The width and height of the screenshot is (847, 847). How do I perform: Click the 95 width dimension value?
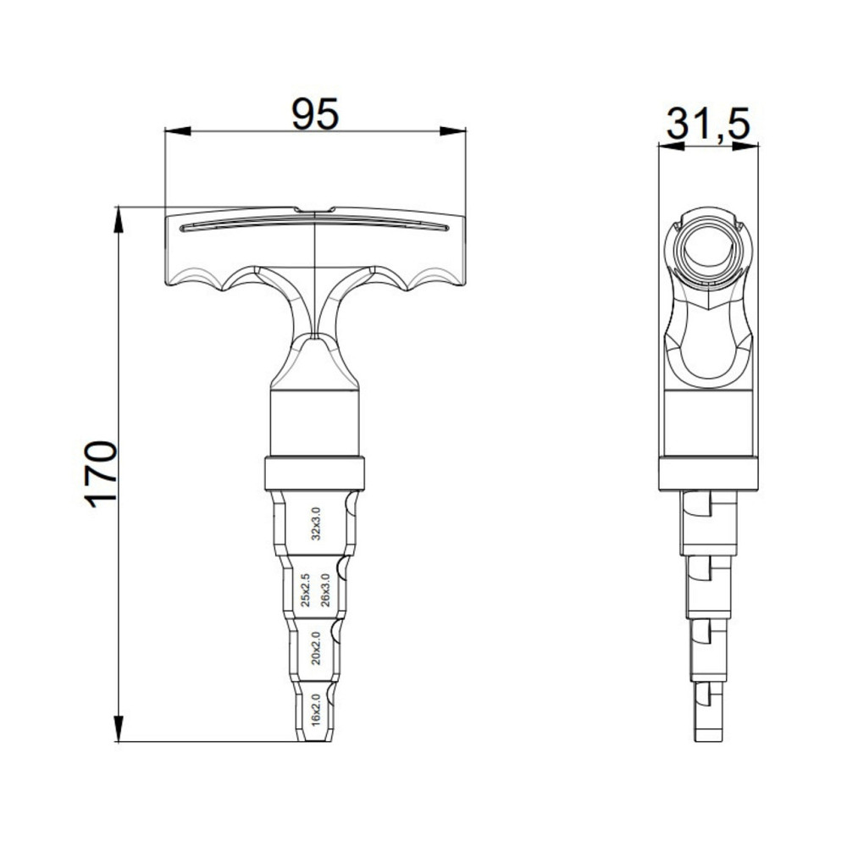[315, 113]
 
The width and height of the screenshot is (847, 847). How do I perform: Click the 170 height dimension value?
[101, 473]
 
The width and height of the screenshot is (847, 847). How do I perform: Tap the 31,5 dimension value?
[708, 125]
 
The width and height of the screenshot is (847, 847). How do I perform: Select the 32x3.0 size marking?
[315, 523]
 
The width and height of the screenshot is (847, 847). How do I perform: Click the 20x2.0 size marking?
[315, 648]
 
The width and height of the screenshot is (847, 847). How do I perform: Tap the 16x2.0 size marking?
[315, 709]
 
